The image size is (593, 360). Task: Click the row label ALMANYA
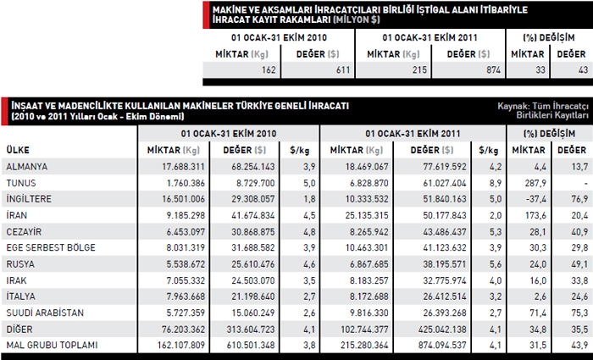(x=26, y=166)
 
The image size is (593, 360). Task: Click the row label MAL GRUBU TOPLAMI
(x=50, y=344)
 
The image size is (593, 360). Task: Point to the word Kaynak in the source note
(x=513, y=106)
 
